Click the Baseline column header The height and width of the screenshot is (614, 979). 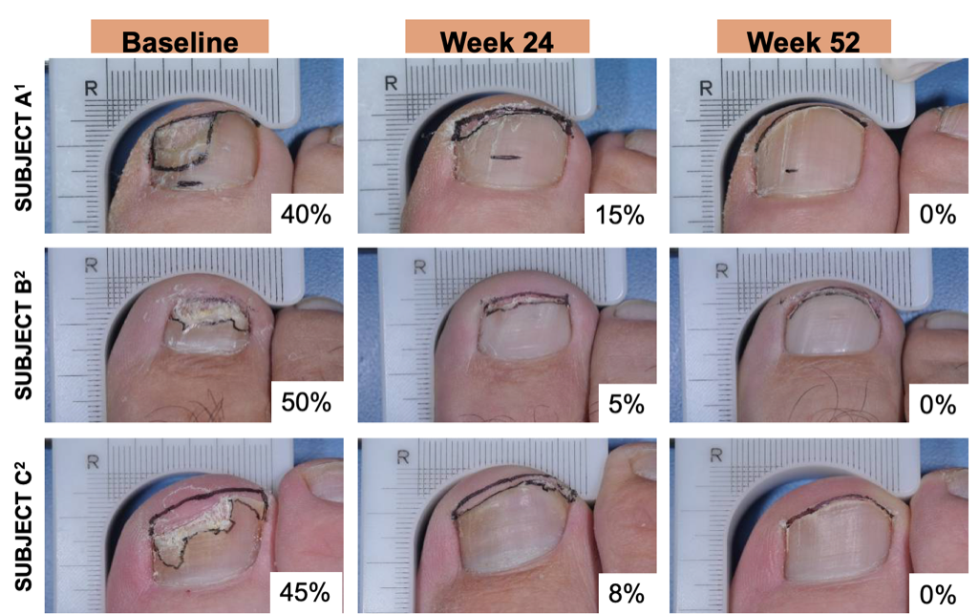pyautogui.click(x=180, y=40)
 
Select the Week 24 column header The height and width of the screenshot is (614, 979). pyautogui.click(x=497, y=40)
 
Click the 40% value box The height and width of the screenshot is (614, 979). pyautogui.click(x=306, y=215)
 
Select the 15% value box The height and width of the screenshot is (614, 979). pyautogui.click(x=620, y=215)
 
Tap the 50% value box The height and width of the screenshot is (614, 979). pyautogui.click(x=306, y=403)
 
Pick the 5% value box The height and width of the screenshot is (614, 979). pyautogui.click(x=624, y=403)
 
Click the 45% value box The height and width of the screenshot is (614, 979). pyautogui.click(x=306, y=592)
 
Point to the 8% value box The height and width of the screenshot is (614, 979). pyautogui.click(x=624, y=592)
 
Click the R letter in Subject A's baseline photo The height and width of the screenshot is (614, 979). pyautogui.click(x=93, y=87)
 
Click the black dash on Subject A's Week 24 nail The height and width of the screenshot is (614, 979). pyautogui.click(x=504, y=157)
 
